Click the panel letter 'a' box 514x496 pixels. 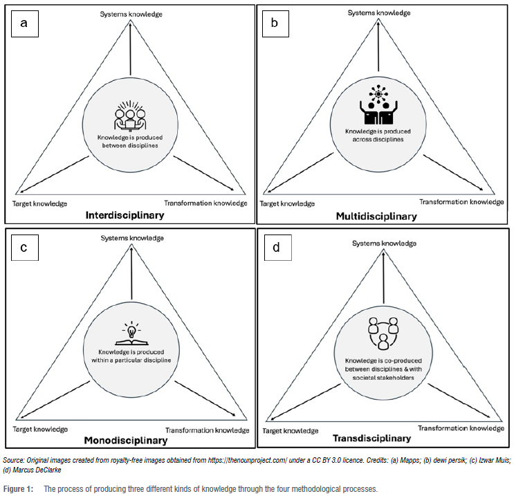click(x=24, y=24)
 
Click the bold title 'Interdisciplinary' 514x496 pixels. click(x=125, y=216)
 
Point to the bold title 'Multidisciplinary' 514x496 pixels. click(x=376, y=217)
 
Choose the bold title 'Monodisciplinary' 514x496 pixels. click(x=126, y=440)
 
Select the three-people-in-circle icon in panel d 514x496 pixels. click(x=383, y=332)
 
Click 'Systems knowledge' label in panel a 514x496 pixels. click(x=130, y=14)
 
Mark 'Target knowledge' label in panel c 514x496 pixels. click(x=39, y=430)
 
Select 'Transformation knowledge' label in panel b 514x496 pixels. click(x=461, y=201)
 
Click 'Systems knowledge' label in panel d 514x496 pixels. click(x=383, y=244)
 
